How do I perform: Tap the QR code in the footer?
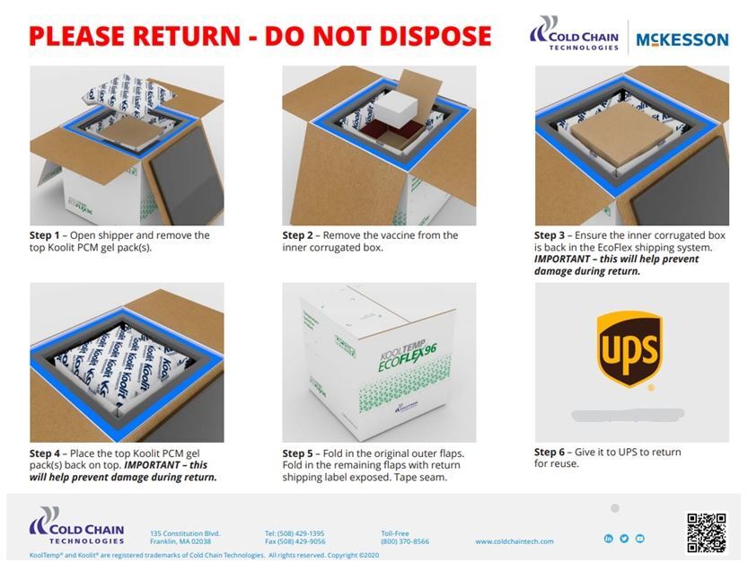click(x=706, y=532)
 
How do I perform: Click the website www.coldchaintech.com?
click(x=515, y=541)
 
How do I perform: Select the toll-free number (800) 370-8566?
click(x=405, y=541)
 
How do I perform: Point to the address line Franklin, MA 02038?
click(x=180, y=541)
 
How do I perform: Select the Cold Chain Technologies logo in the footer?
click(x=76, y=526)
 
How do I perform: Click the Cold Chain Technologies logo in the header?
click(x=575, y=34)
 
